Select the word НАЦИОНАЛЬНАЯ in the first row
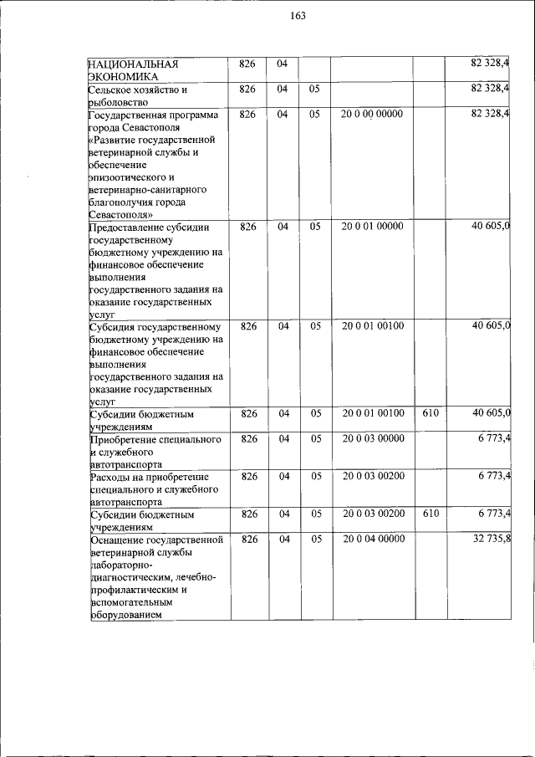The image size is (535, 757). pyautogui.click(x=129, y=64)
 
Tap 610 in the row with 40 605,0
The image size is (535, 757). pyautogui.click(x=431, y=413)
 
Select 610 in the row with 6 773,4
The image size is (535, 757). pyautogui.click(x=431, y=514)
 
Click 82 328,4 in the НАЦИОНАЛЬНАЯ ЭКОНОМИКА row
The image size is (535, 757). pyautogui.click(x=492, y=64)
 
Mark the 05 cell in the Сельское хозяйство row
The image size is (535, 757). pyautogui.click(x=314, y=89)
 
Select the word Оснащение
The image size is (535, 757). pyautogui.click(x=117, y=540)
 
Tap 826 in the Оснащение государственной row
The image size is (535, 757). pyautogui.click(x=248, y=539)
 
